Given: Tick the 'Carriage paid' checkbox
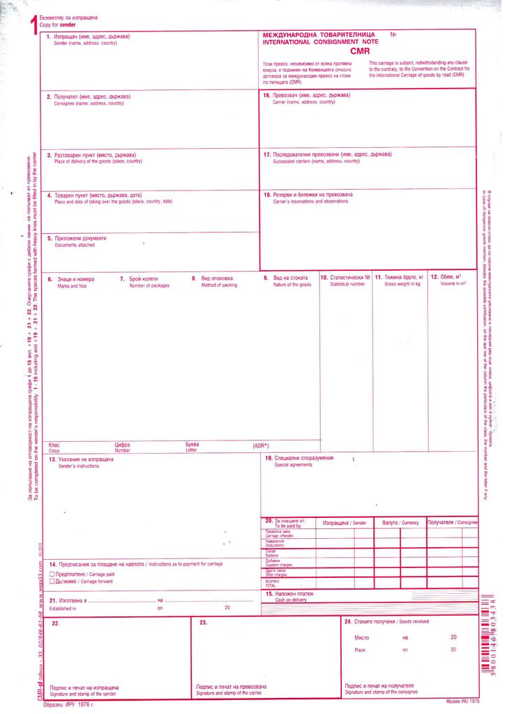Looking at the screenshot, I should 52,574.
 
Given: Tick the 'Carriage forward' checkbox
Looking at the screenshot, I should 52,581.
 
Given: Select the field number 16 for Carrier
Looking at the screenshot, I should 266,95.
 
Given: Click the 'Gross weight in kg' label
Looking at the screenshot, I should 398,285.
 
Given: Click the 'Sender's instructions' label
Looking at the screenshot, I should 79,466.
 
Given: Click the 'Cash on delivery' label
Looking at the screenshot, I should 291,600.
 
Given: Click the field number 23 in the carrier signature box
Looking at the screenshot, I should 204,623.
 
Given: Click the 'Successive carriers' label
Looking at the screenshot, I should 312,161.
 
